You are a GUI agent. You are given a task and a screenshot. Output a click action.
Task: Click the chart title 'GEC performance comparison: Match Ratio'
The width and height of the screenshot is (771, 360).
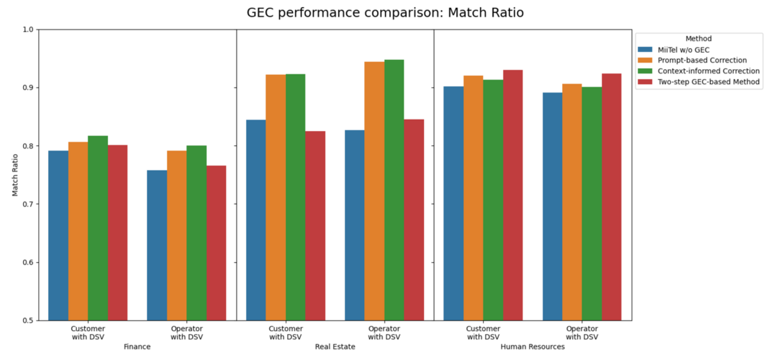point(385,12)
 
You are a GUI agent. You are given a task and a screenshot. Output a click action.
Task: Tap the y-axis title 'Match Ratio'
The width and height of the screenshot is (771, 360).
point(15,175)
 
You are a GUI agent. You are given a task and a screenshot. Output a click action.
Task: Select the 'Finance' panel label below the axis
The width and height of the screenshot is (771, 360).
point(137,346)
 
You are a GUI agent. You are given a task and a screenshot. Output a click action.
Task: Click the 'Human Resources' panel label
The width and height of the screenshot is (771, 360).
point(532,346)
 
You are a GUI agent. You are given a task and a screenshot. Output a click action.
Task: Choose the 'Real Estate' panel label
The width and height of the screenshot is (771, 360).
point(334,346)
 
